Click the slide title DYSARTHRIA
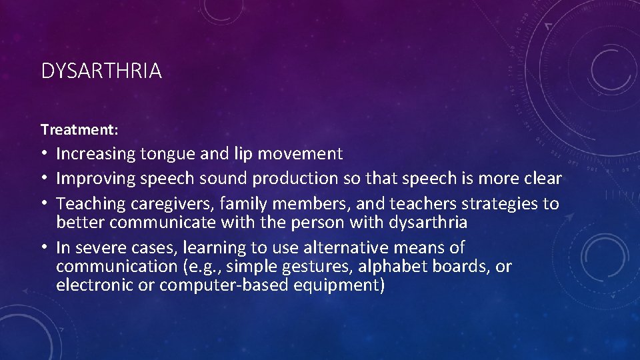tap(101, 71)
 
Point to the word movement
tap(300, 154)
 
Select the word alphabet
tap(397, 267)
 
